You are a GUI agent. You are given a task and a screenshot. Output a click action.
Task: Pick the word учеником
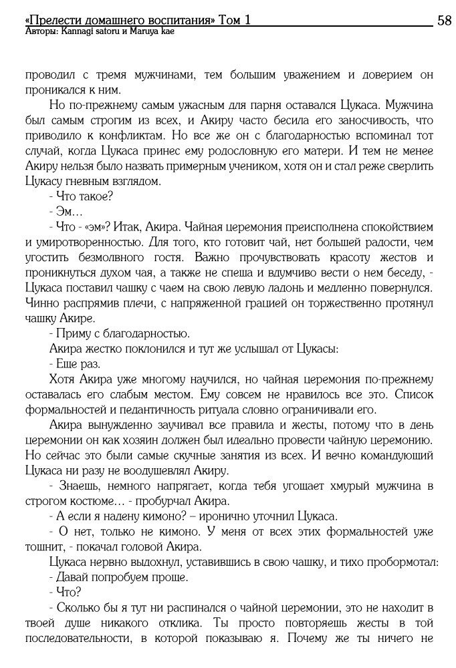click(x=226, y=165)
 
